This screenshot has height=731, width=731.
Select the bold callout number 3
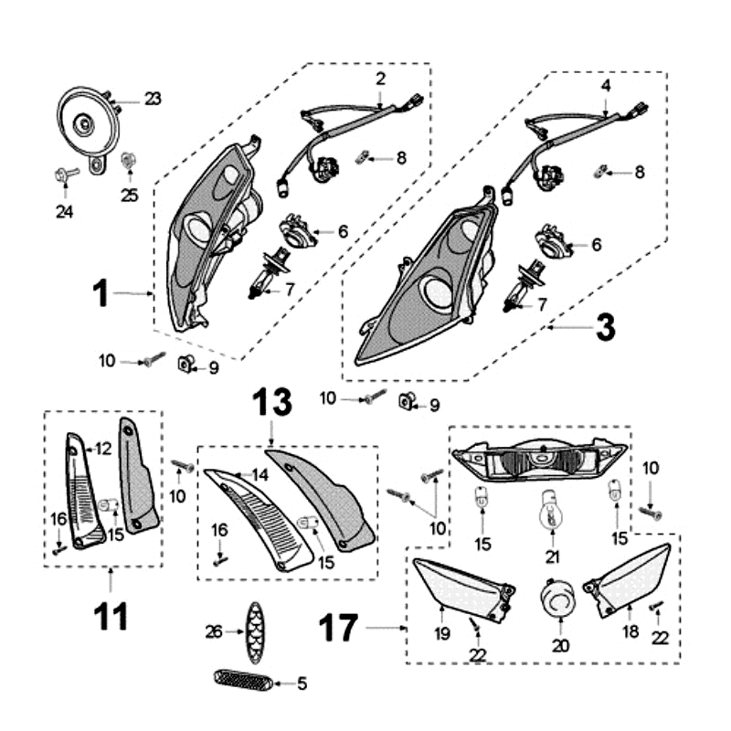[x=605, y=326]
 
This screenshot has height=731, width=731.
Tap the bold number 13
[x=271, y=402]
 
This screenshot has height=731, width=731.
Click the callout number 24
[x=64, y=212]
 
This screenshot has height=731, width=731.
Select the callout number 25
[x=130, y=195]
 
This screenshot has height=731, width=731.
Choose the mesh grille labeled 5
[x=242, y=680]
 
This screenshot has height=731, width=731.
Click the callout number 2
[x=381, y=79]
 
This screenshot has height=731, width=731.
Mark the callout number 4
[x=606, y=85]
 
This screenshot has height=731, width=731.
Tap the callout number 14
[x=260, y=474]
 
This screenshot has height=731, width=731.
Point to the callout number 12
[x=102, y=449]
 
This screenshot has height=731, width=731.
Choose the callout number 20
[x=560, y=645]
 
